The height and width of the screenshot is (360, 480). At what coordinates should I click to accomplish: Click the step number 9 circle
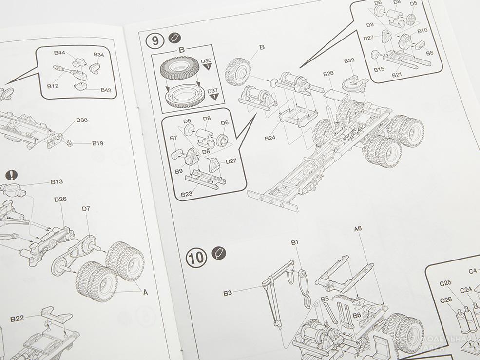[154, 40]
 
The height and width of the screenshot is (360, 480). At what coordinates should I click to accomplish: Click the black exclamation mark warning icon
[12, 175]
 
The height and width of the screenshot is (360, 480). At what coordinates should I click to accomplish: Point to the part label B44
[60, 52]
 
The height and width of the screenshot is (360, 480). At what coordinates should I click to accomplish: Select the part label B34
[98, 55]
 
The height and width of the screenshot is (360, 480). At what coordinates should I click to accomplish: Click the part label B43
[106, 90]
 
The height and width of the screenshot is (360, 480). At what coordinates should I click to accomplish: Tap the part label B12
[53, 86]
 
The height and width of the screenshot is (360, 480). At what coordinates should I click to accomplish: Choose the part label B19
[97, 143]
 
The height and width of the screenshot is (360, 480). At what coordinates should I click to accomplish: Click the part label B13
[57, 182]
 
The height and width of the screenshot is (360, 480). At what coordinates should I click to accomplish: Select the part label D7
[86, 209]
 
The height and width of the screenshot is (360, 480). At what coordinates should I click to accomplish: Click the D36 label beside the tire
[207, 61]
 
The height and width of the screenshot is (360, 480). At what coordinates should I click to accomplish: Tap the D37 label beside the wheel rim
[212, 91]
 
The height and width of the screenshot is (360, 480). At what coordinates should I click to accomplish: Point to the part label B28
[328, 74]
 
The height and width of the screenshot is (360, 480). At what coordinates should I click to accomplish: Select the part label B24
[270, 138]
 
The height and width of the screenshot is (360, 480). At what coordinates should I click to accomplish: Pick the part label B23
[186, 194]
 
